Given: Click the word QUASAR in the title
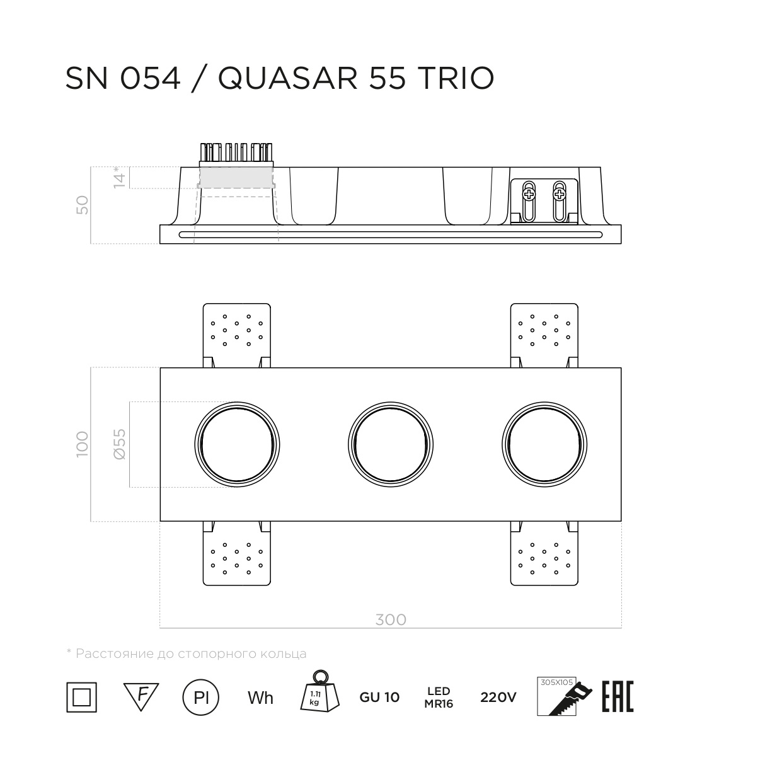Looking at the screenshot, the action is tap(288, 78).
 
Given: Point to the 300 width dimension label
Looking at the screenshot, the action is tap(391, 619).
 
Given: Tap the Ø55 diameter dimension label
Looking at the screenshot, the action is tap(120, 444).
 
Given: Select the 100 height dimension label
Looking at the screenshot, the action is tap(82, 444).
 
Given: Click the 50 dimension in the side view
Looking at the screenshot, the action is tap(82, 205).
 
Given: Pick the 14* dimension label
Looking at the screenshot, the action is tap(119, 177).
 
